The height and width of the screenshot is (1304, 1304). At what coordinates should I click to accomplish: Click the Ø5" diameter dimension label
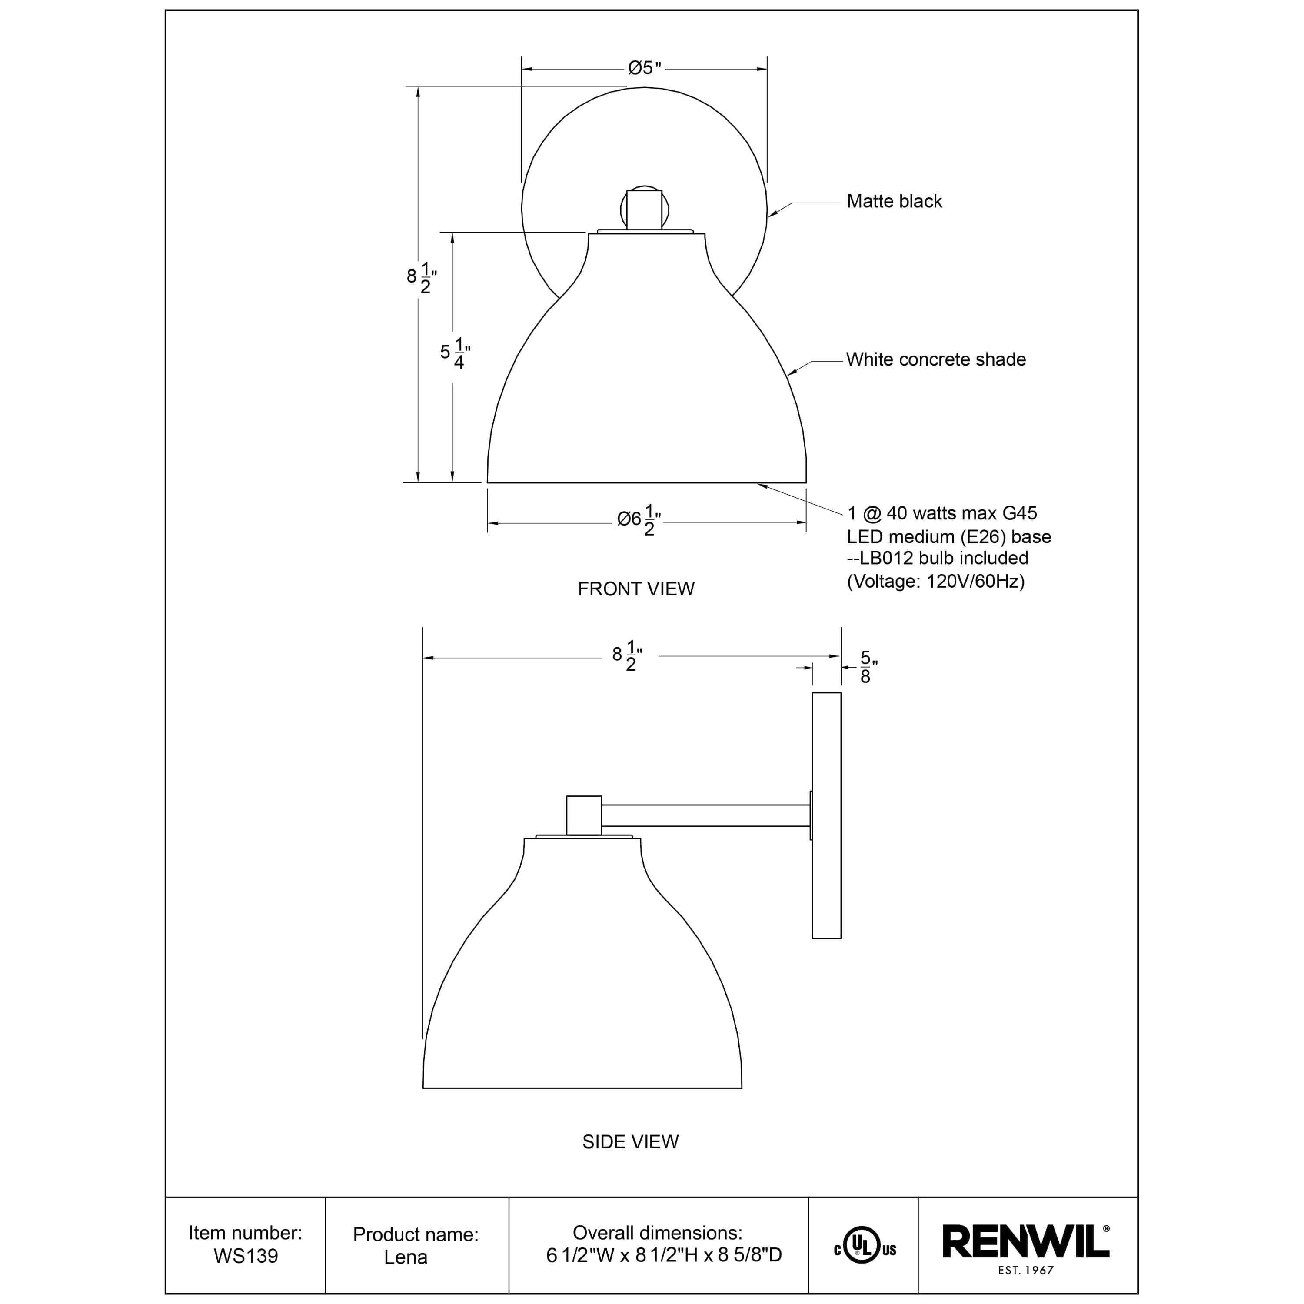(x=645, y=68)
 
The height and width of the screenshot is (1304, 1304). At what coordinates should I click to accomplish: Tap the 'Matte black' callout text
(x=894, y=201)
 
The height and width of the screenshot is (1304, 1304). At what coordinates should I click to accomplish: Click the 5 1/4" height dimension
(x=455, y=353)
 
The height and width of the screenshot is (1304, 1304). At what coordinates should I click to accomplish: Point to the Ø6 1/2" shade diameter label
(x=639, y=520)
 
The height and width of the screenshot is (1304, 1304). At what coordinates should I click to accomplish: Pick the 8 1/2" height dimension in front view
(x=422, y=277)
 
